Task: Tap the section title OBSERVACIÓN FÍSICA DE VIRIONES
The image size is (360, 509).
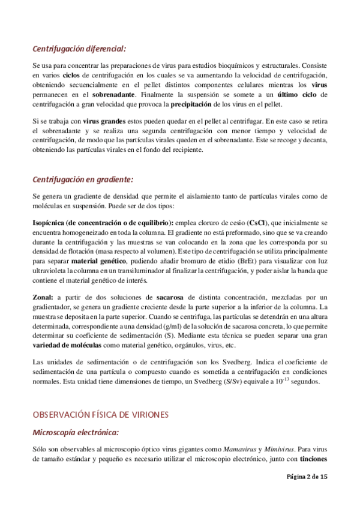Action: (x=102, y=414)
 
